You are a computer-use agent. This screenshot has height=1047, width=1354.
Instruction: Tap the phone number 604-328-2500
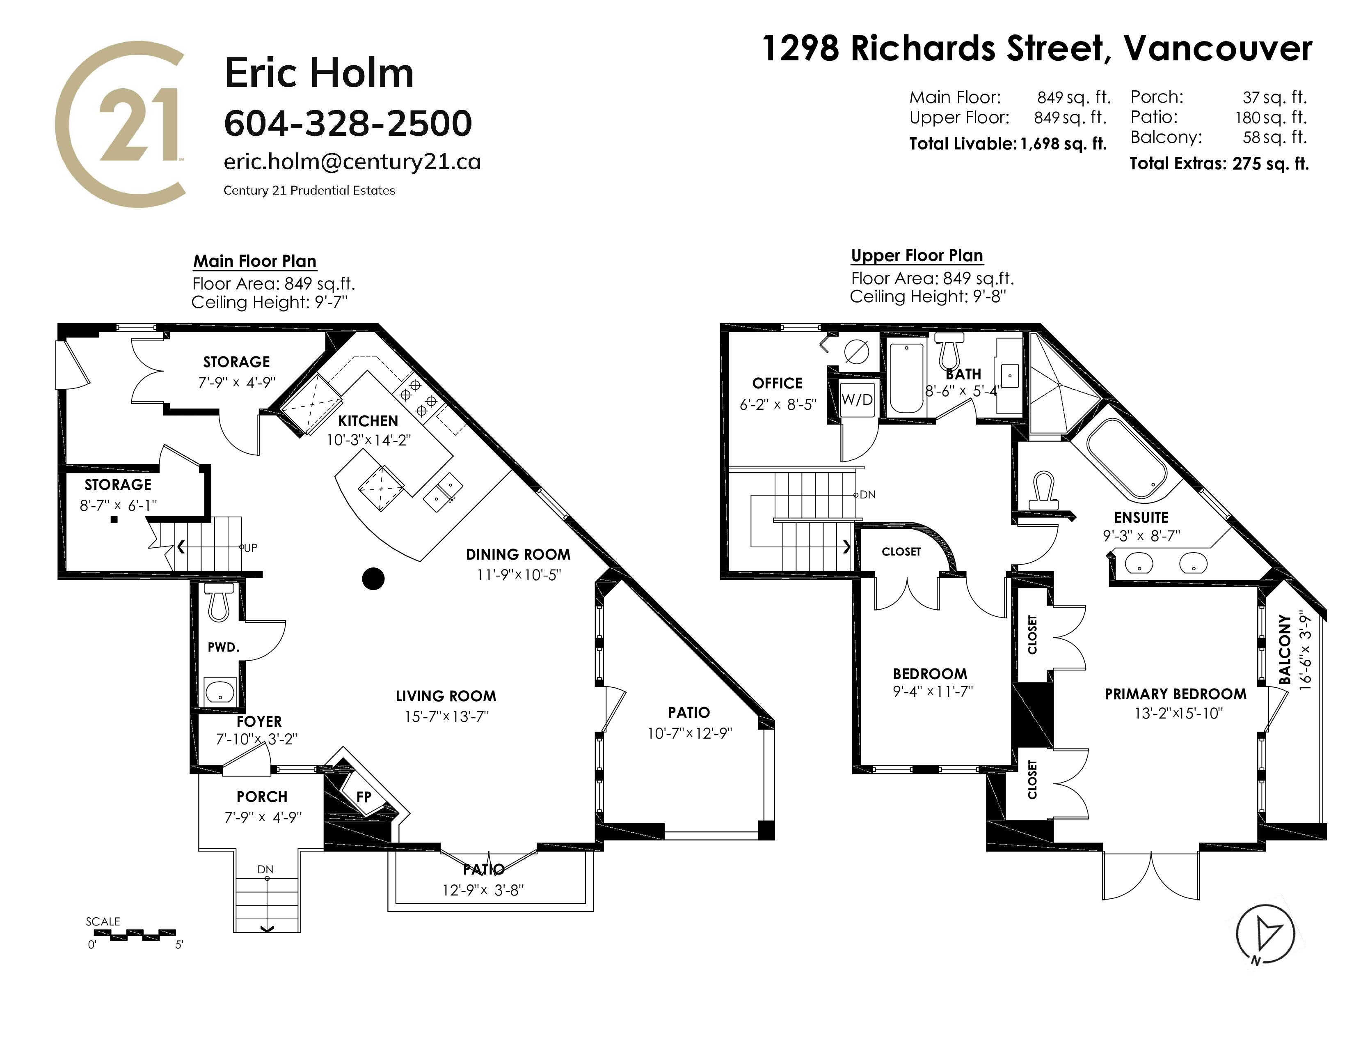pos(348,123)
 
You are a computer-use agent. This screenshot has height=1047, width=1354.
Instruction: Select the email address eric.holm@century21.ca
pos(352,162)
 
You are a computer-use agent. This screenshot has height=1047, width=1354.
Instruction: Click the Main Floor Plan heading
pos(255,261)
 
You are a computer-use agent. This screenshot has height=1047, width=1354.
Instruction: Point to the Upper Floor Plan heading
pos(917,255)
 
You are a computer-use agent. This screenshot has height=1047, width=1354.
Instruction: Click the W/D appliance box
pos(858,400)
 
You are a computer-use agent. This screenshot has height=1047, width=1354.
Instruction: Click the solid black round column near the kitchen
pos(373,579)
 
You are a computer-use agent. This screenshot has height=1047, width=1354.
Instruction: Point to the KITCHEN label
pos(368,421)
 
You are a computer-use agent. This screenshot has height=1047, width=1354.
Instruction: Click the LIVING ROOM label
pos(446,696)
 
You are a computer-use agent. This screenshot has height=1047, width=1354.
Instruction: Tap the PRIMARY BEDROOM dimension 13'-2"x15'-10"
pos(1178,713)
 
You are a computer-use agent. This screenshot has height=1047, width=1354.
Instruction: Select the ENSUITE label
pos(1141,518)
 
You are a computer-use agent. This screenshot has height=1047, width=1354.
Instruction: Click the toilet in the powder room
pos(218,602)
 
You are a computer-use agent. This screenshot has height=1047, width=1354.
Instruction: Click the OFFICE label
pos(778,383)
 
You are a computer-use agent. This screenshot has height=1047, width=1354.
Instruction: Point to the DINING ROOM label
pos(518,555)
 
